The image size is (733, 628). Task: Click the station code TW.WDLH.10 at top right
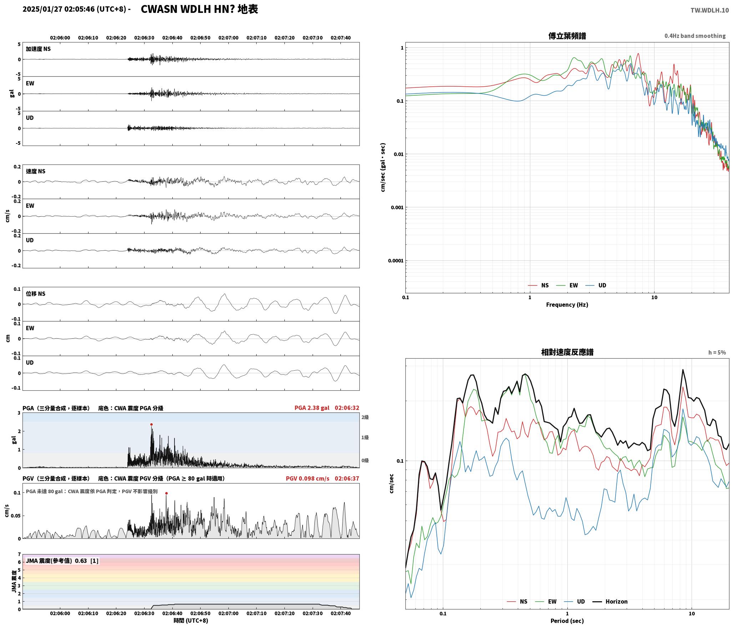click(x=709, y=10)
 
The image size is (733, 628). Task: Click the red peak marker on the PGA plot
click(x=151, y=425)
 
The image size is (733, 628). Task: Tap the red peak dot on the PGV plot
click(x=166, y=493)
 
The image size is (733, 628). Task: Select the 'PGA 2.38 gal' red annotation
click(x=312, y=408)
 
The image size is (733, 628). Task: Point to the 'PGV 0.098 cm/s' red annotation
click(x=307, y=478)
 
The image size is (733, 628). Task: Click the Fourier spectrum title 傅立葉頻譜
click(x=567, y=36)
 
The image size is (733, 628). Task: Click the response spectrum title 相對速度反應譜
click(x=567, y=352)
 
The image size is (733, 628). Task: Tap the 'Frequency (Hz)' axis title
click(x=567, y=305)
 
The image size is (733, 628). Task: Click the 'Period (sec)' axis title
click(x=567, y=621)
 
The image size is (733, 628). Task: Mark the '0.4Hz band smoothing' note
click(x=695, y=36)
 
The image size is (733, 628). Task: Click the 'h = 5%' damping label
click(x=717, y=353)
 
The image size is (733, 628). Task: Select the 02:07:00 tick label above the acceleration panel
click(x=228, y=38)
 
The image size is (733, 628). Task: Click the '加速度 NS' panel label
click(x=38, y=49)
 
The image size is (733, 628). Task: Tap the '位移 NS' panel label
click(x=36, y=294)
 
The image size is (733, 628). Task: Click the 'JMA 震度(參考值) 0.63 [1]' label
click(x=62, y=561)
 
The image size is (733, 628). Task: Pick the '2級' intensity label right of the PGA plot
click(x=365, y=417)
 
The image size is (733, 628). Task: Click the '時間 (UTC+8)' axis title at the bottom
click(x=191, y=621)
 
